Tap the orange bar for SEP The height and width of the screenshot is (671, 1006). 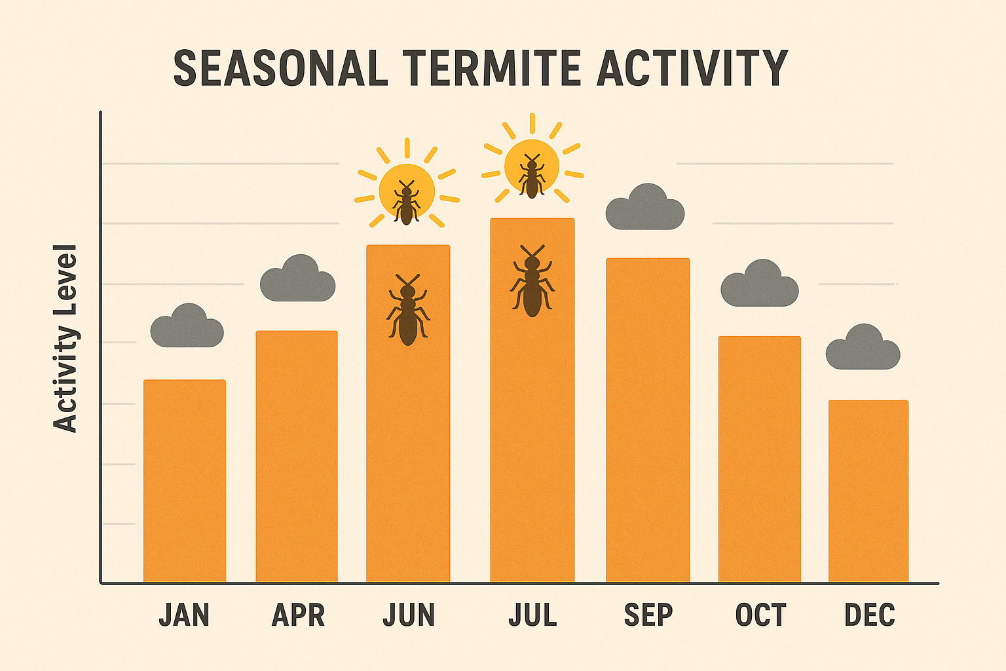[647, 420]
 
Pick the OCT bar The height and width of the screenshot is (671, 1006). [759, 459]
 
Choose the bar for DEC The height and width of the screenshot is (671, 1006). [868, 491]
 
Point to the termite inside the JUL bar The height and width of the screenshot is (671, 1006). [532, 281]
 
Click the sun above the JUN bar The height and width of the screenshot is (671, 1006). [407, 191]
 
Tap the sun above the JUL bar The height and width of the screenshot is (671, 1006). [532, 166]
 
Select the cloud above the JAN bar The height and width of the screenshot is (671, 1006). [187, 327]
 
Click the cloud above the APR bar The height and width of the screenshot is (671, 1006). [298, 280]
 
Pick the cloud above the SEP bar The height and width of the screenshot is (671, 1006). [645, 208]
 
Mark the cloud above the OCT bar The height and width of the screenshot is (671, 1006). [760, 285]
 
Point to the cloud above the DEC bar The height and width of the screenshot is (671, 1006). [863, 349]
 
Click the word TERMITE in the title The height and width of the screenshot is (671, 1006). [491, 68]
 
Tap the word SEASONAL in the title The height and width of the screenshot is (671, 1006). [280, 68]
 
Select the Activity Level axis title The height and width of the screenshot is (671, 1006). [65, 338]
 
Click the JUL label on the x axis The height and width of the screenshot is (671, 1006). [532, 615]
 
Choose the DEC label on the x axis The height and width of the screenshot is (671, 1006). [869, 615]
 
